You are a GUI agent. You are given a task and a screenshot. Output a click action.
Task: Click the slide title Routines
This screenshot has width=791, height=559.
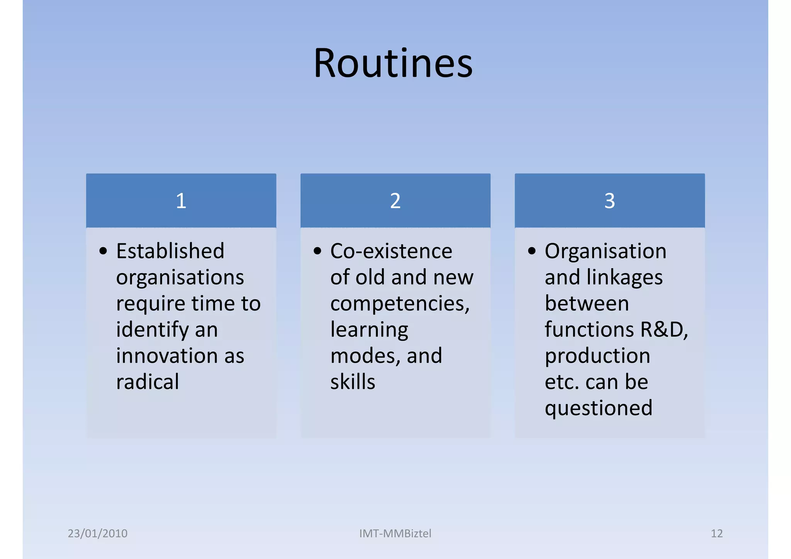click(393, 63)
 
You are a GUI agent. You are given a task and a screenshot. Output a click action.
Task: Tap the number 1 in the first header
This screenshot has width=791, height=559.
click(181, 201)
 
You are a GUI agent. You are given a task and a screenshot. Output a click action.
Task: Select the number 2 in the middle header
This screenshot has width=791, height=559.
click(395, 201)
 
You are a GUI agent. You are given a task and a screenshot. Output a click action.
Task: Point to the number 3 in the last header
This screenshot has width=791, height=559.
click(609, 201)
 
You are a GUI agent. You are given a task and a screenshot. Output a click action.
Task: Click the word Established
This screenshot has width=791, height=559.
click(170, 251)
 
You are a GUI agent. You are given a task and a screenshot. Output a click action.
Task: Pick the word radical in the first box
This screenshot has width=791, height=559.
click(148, 382)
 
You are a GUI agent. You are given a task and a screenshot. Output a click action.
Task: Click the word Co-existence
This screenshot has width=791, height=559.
click(391, 251)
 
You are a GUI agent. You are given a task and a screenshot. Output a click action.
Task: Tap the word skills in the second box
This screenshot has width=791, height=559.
click(353, 382)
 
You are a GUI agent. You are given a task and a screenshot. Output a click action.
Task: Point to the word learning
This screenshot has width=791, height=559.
click(369, 330)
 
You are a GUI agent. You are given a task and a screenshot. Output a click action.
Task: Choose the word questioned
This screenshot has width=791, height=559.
click(598, 408)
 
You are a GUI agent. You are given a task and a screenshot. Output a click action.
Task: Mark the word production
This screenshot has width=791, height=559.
click(597, 356)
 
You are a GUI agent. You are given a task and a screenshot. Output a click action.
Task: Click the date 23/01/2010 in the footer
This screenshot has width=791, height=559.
click(97, 534)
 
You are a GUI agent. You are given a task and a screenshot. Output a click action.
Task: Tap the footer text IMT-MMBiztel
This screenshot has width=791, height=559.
click(395, 534)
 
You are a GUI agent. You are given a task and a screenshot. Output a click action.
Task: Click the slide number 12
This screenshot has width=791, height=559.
click(716, 534)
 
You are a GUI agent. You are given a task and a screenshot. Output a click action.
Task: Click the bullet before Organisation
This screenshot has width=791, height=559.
click(532, 251)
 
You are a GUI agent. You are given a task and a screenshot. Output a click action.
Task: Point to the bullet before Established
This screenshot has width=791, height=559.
click(103, 251)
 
